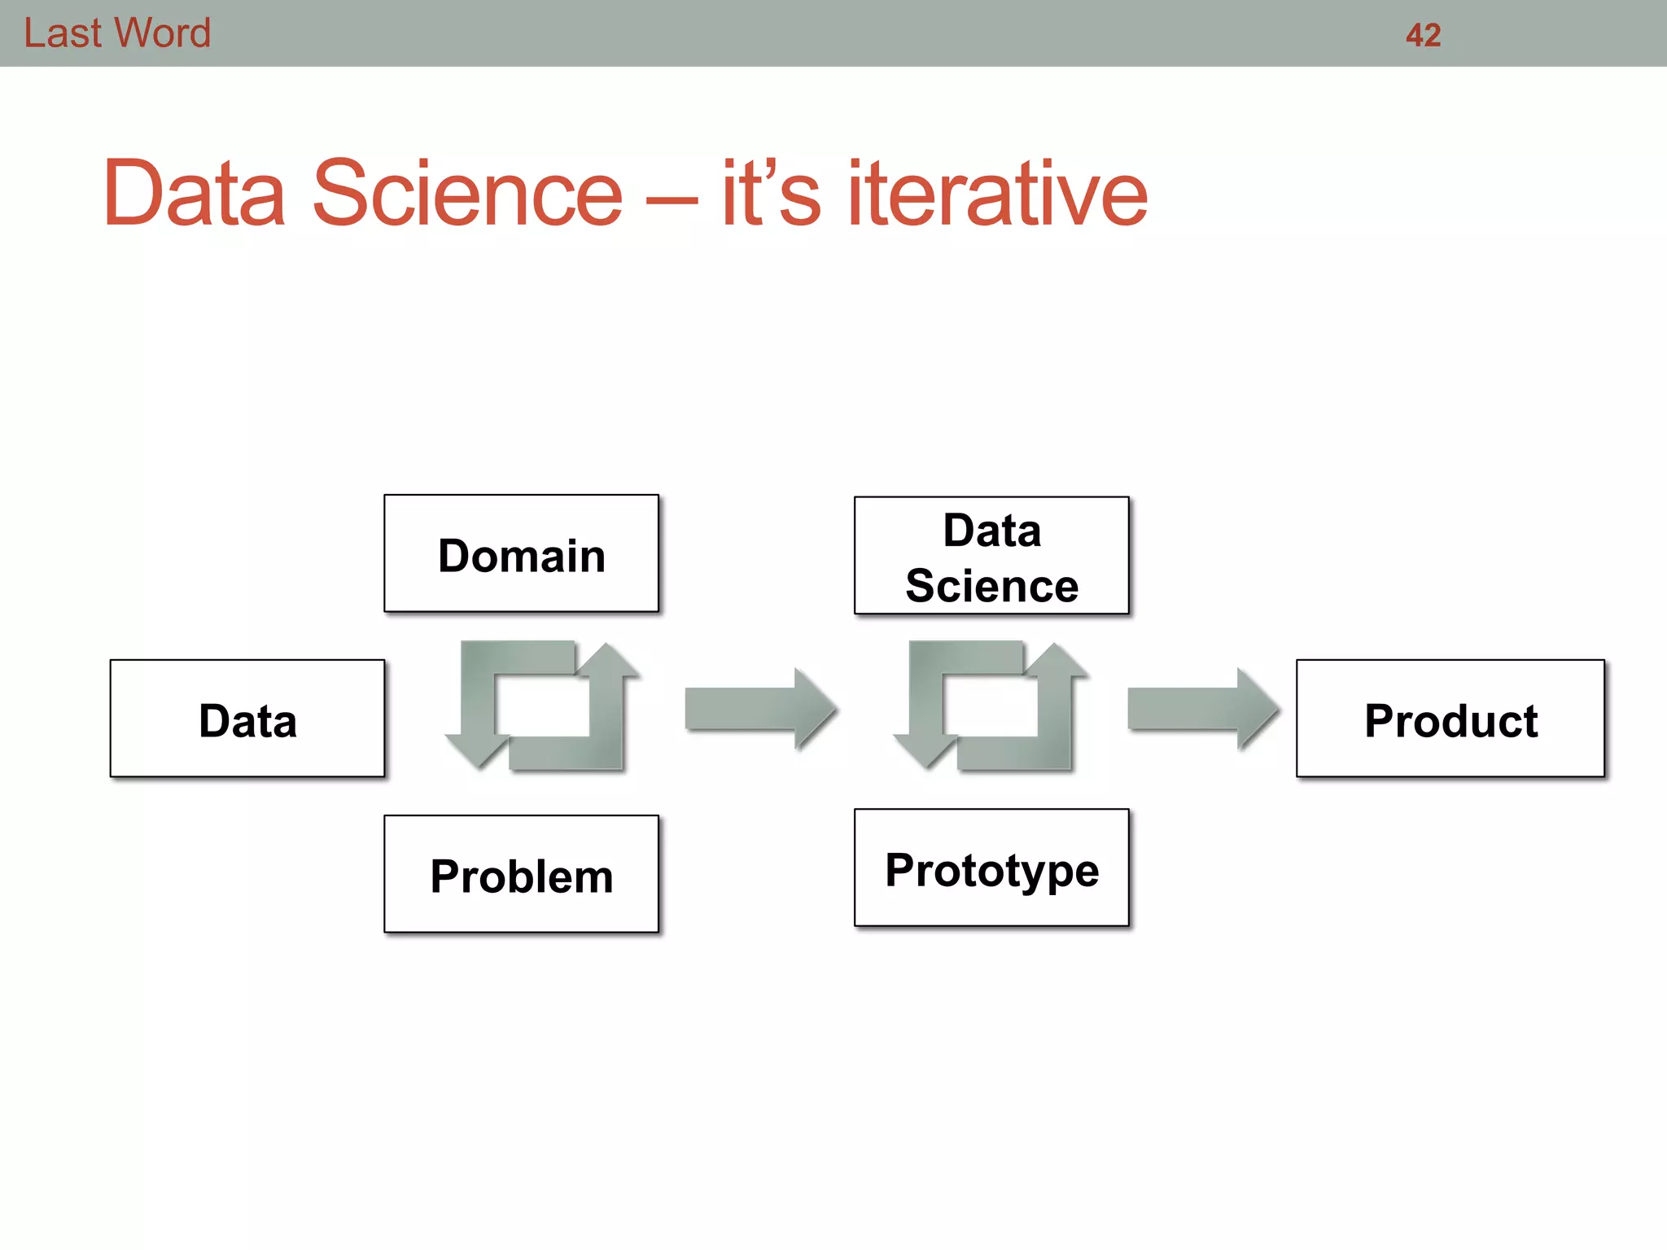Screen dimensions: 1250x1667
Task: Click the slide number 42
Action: [x=1423, y=35]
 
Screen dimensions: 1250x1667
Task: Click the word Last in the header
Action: [x=63, y=33]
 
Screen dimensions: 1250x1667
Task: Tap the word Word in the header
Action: [x=162, y=33]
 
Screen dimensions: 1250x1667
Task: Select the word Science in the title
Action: [x=467, y=194]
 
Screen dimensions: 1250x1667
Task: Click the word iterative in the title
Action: [x=997, y=194]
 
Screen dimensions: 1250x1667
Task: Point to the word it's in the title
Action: [x=770, y=194]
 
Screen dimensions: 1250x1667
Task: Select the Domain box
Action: [x=521, y=553]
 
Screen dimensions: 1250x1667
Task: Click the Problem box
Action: [x=521, y=874]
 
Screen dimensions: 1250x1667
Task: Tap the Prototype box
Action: [x=991, y=868]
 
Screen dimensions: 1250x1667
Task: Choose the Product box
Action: [x=1450, y=719]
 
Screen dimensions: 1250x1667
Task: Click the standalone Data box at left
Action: [x=247, y=719]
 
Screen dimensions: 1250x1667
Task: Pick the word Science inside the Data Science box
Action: [x=991, y=586]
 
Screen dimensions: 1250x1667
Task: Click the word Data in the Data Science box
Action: [x=991, y=531]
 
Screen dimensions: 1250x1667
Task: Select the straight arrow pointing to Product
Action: [x=1201, y=708]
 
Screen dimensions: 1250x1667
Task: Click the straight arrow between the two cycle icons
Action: [x=759, y=708]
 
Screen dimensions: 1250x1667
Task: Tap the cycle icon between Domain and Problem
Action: [x=542, y=705]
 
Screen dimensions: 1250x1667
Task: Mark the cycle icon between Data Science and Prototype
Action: [x=991, y=705]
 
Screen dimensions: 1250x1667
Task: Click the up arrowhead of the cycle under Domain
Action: [x=607, y=660]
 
